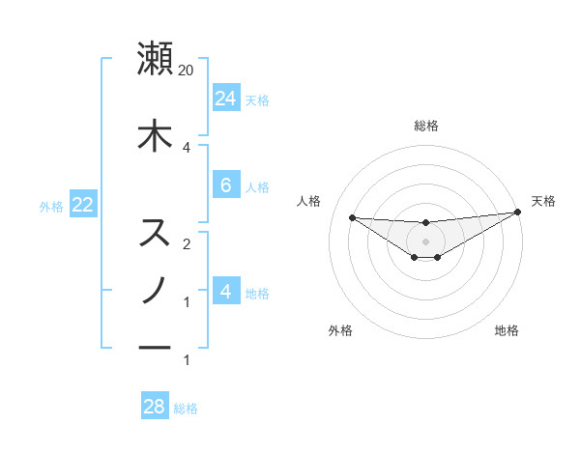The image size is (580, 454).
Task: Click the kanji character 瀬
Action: pos(155,58)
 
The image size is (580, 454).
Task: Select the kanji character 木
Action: pos(155,135)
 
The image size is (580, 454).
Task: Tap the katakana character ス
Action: pos(155,233)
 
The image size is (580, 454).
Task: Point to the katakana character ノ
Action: pos(155,290)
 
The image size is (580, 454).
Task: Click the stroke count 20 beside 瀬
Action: pos(187,70)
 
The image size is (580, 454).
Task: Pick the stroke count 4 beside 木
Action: pos(187,147)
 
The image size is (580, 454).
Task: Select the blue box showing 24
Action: pos(225,98)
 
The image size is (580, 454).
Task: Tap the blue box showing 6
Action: pos(225,185)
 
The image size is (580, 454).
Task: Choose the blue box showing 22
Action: pos(82,205)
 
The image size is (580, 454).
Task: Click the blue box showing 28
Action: pos(155,407)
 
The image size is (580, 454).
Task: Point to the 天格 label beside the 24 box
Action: pos(257,99)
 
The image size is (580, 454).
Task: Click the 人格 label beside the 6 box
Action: pos(257,187)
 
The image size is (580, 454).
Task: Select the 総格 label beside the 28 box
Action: pos(186,409)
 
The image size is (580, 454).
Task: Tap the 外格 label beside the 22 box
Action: pos(50,206)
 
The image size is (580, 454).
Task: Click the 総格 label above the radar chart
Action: pos(425,126)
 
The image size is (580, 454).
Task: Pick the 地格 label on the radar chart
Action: pos(507,330)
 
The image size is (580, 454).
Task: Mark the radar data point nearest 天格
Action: pos(518,213)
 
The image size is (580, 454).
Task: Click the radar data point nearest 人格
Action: pos(352,217)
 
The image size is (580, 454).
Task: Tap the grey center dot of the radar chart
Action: pos(425,240)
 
